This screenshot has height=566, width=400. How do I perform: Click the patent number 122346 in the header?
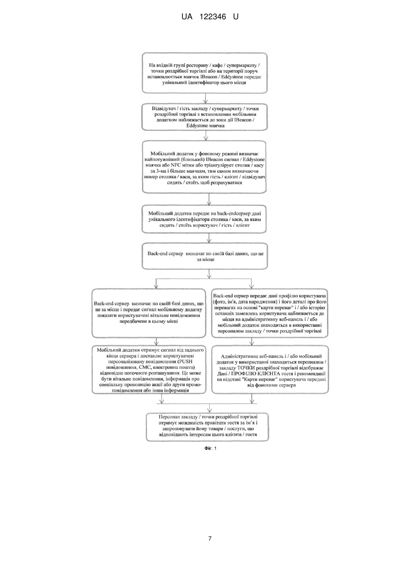pyautogui.click(x=213, y=17)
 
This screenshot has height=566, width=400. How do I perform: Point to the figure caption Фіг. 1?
pyautogui.click(x=210, y=448)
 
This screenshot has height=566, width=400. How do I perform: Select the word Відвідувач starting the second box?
pyautogui.click(x=163, y=108)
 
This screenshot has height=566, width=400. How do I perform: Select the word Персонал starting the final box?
pyautogui.click(x=169, y=417)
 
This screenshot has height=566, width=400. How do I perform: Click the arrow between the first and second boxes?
pyautogui.click(x=206, y=98)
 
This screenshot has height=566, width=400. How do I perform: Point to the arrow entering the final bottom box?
pyautogui.click(x=209, y=408)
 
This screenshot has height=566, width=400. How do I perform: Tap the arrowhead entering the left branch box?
pyautogui.click(x=156, y=286)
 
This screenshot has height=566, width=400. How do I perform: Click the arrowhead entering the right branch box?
pyautogui.click(x=251, y=286)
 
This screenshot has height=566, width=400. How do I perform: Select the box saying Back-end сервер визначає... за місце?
pyautogui.click(x=205, y=256)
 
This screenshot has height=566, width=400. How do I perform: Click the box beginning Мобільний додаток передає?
pyautogui.click(x=204, y=219)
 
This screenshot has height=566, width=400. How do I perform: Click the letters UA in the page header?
pyautogui.click(x=187, y=17)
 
